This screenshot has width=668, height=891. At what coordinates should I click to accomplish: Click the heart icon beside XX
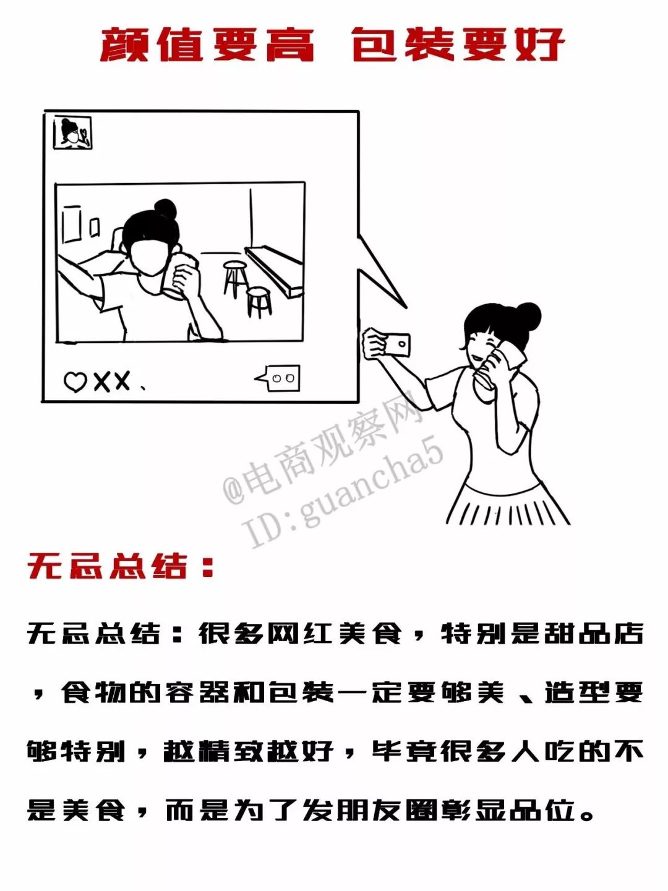coord(75,382)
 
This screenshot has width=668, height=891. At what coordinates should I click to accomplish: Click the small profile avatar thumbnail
coord(73,132)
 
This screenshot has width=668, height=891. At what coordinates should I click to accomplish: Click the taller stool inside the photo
coord(234,279)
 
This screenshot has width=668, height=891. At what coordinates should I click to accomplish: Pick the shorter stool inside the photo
coord(259,302)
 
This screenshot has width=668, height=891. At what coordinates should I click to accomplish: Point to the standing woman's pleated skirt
coord(508,504)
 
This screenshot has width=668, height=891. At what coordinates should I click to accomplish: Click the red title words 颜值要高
coord(207,45)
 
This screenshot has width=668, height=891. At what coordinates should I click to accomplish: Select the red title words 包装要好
coord(458,45)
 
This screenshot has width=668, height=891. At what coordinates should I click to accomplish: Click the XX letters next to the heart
coord(112,381)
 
